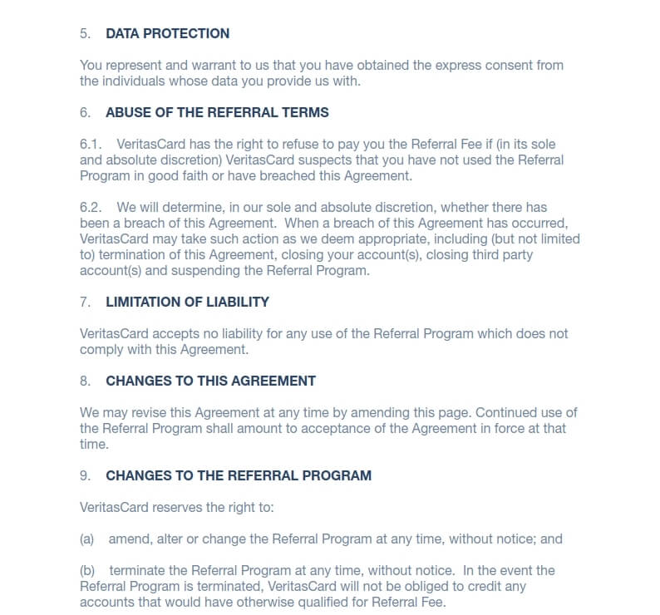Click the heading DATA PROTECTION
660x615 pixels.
point(167,34)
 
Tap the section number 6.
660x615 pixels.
point(84,112)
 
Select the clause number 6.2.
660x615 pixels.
point(91,207)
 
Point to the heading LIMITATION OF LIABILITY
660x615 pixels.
point(187,302)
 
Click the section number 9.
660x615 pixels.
point(84,475)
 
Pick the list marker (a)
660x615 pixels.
point(87,539)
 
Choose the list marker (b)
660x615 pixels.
point(87,570)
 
